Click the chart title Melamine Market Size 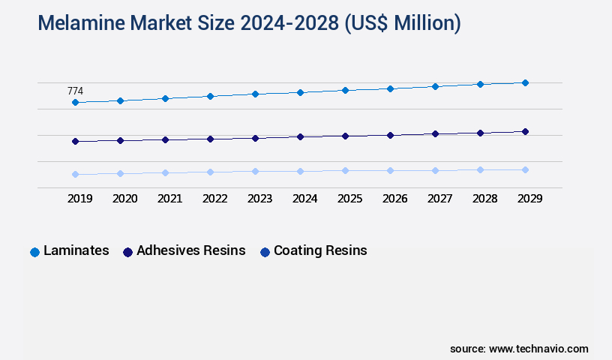[249, 24]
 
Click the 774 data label [75, 91]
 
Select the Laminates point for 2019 [75, 102]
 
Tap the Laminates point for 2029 [525, 82]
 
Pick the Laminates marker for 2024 [300, 92]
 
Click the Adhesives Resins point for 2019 [75, 141]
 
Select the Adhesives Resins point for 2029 [525, 131]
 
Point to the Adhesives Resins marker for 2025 [345, 136]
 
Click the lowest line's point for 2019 [75, 174]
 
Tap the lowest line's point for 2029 [525, 169]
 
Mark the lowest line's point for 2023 [255, 171]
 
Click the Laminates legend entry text [76, 250]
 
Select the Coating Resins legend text [320, 250]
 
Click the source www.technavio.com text [519, 349]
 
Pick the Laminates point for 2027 [435, 86]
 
